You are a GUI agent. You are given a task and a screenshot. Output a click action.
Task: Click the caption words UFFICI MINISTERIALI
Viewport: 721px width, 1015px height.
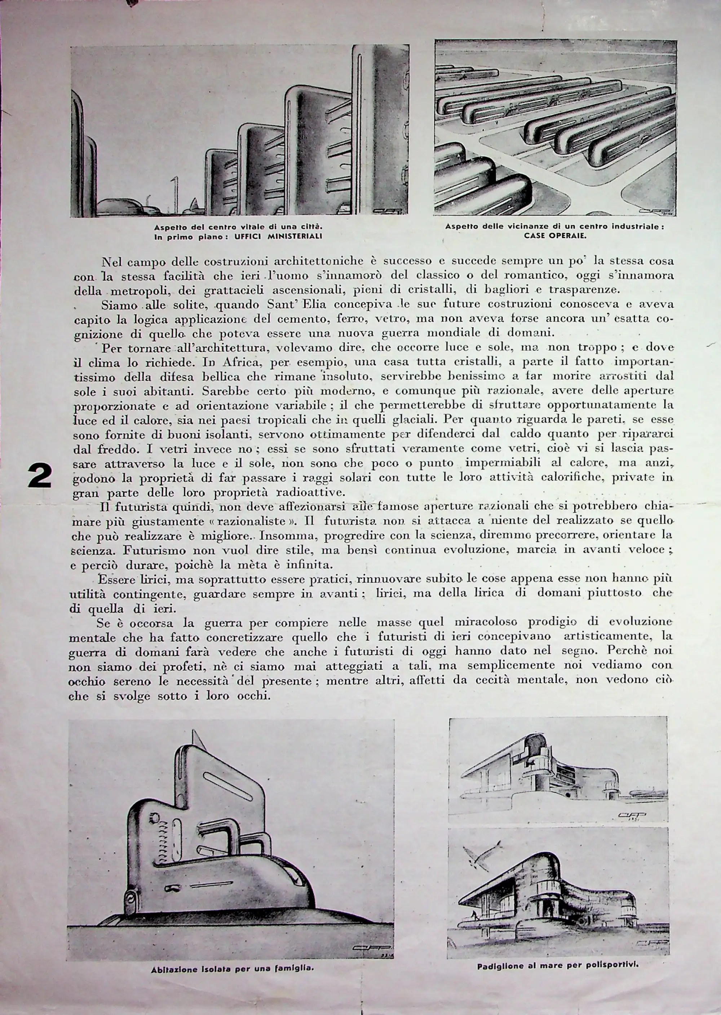[278, 236]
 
